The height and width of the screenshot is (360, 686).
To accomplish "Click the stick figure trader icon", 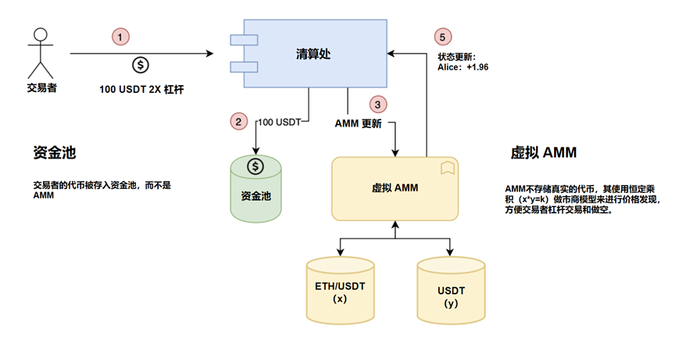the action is click(41, 53).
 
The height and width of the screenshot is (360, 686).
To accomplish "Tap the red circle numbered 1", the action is click(120, 37).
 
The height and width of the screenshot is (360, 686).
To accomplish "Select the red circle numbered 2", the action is click(238, 121).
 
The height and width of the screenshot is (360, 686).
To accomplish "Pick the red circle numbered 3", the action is click(377, 105).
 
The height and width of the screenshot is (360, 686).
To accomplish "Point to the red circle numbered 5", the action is click(442, 37).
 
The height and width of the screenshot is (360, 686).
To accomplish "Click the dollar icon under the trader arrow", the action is click(141, 65).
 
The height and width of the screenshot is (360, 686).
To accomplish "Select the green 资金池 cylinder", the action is click(256, 189).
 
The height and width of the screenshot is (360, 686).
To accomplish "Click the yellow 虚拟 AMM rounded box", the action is click(395, 188).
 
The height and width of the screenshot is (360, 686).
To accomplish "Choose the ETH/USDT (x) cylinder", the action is click(340, 290).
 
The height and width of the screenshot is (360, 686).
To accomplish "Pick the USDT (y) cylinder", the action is click(451, 290).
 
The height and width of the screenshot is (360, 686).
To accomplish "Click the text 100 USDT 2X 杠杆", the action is click(141, 90).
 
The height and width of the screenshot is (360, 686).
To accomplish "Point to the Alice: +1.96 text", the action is click(463, 67).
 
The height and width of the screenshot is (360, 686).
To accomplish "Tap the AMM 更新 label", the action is click(359, 124).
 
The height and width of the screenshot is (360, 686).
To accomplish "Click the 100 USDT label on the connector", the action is click(280, 122).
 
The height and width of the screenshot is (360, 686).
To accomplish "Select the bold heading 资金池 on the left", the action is click(55, 152).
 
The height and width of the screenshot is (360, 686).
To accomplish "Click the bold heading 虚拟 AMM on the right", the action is click(543, 152).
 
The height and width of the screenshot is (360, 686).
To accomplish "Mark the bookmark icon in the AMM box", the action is click(447, 168).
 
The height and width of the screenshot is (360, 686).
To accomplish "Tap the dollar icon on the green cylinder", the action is click(255, 166).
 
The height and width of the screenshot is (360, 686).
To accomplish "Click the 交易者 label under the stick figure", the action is click(41, 88).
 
